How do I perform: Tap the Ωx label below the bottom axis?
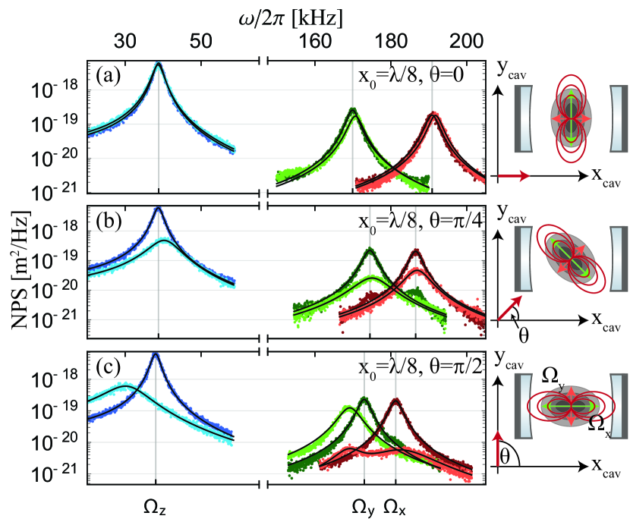pyautogui.click(x=397, y=504)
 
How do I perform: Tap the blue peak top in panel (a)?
pyautogui.click(x=158, y=64)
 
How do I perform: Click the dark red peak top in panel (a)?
pyautogui.click(x=433, y=115)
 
